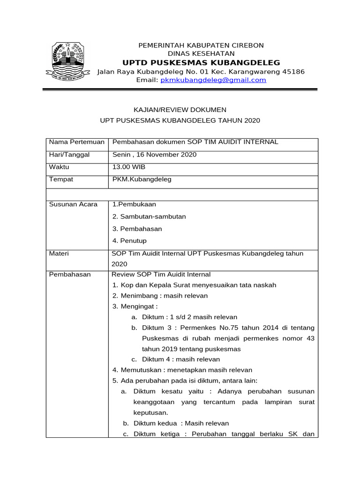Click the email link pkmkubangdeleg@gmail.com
[213, 80]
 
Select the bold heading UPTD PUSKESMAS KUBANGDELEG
[201, 63]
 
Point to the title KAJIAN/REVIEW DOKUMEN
[180, 110]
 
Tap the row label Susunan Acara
[73, 204]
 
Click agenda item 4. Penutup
[129, 241]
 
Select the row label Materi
[59, 254]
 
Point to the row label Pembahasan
[70, 275]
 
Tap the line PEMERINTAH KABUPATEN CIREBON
[201, 45]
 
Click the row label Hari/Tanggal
[69, 155]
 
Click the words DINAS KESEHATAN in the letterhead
[201, 54]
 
